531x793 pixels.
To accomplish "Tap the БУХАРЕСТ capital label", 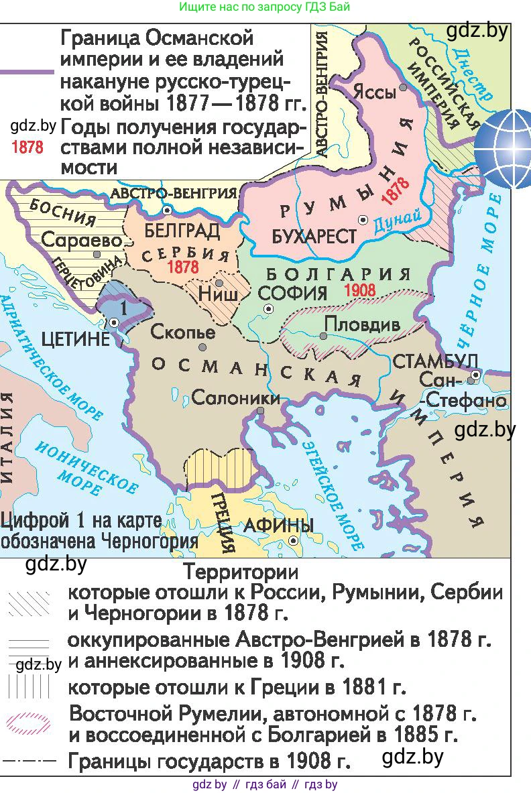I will click(314, 236).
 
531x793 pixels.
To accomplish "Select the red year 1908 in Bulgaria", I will click(359, 291).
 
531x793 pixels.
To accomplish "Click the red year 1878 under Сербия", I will click(184, 267).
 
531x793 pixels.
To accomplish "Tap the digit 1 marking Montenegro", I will click(121, 308).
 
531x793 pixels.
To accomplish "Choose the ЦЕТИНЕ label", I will click(75, 339).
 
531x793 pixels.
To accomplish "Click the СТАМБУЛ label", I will click(435, 363).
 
